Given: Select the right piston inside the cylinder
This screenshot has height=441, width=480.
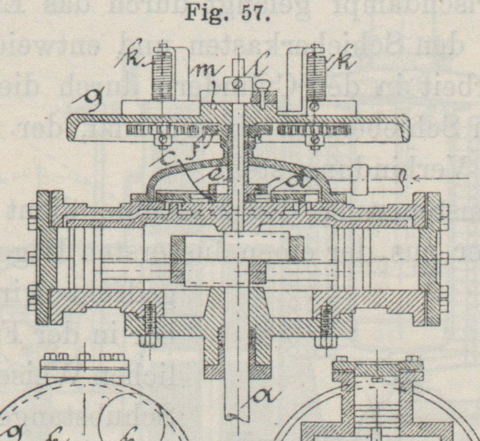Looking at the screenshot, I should point(354,258).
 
